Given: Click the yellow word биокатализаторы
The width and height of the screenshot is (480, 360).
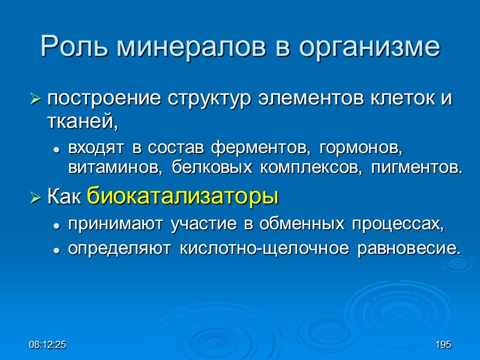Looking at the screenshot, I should tap(183, 196).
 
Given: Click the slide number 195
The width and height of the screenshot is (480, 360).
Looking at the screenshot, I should tap(443, 346).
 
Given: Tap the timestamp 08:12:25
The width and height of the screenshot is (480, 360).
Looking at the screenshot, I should tap(50, 346).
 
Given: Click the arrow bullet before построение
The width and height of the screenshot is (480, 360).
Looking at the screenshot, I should tap(36, 99).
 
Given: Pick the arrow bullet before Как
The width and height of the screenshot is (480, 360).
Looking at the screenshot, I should tap(36, 196).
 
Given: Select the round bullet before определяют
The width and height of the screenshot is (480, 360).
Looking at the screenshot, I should tap(56, 248).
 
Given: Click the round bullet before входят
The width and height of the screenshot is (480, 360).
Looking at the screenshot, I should tap(56, 148).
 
